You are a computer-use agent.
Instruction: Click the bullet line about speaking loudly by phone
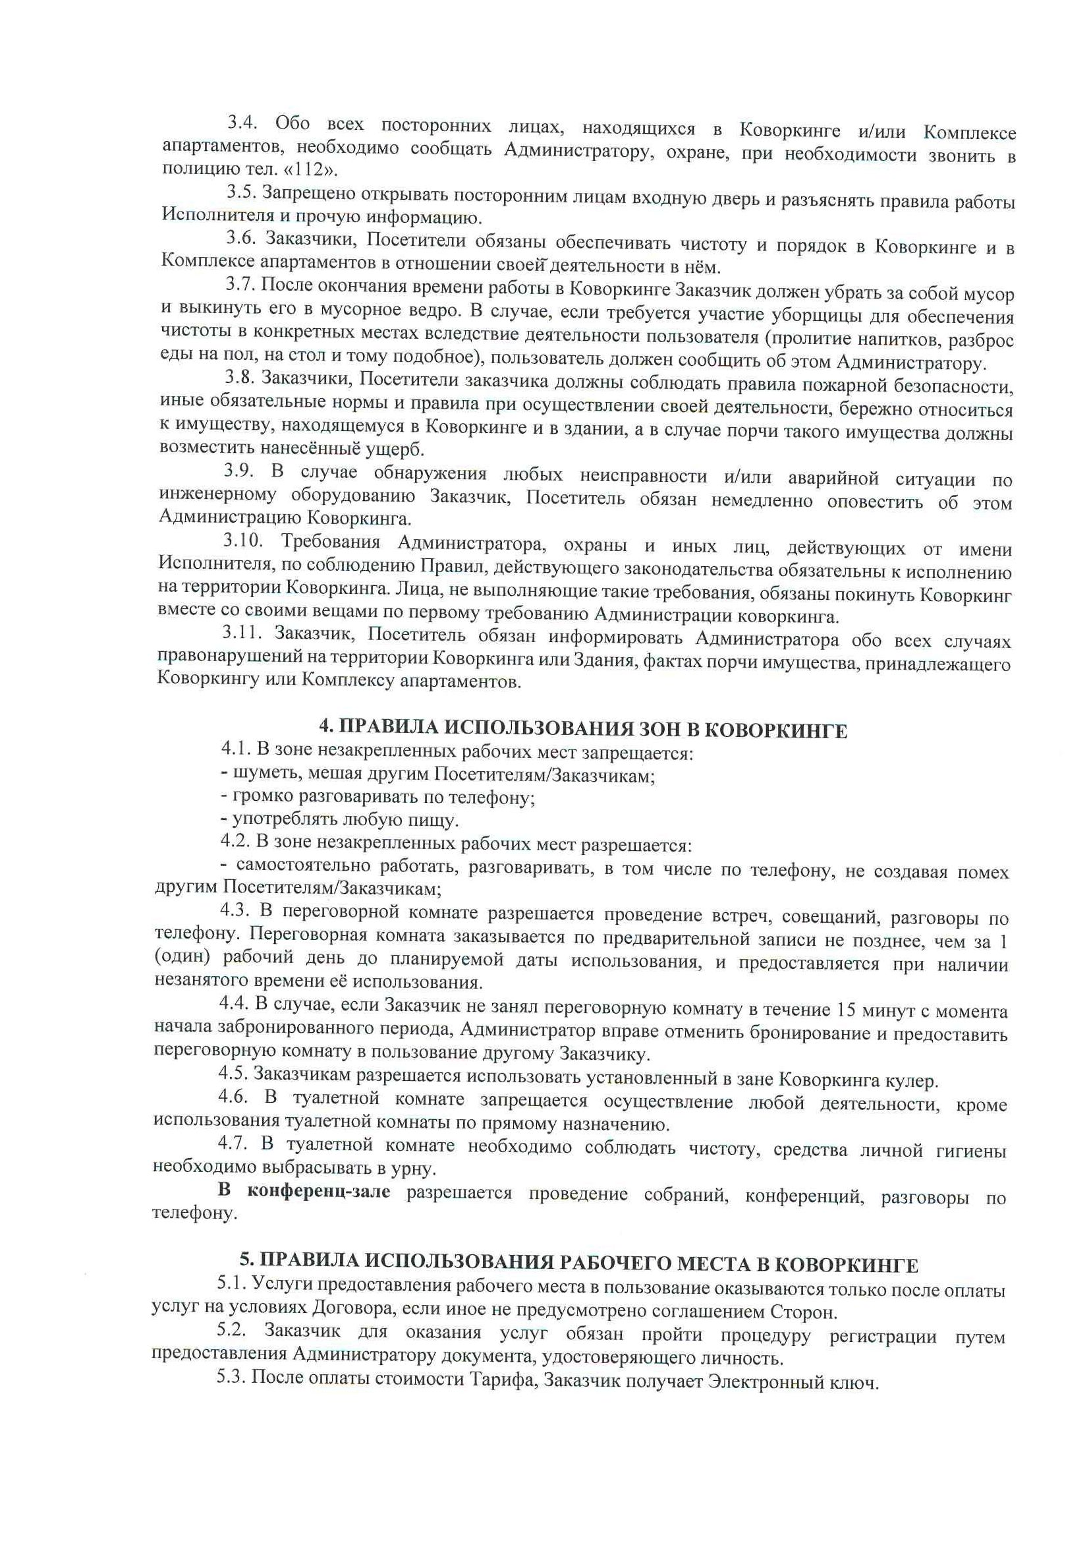point(377,798)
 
